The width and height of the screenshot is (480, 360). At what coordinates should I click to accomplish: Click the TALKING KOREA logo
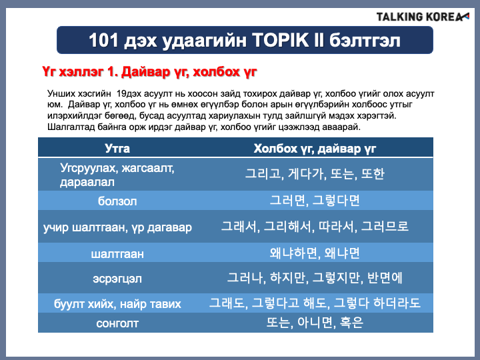click(423, 17)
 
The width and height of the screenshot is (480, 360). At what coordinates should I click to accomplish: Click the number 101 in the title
click(103, 40)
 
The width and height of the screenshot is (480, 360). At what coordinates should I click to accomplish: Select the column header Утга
click(117, 148)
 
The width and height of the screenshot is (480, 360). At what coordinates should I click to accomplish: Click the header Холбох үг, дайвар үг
click(315, 149)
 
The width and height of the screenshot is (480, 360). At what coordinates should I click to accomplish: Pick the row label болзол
click(117, 201)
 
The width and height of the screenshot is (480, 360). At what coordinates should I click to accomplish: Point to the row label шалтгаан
click(117, 254)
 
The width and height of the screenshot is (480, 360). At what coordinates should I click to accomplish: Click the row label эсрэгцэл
click(117, 279)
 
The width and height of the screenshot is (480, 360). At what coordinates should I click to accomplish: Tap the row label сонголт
click(117, 323)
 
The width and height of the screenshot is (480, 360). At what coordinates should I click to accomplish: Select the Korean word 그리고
click(264, 174)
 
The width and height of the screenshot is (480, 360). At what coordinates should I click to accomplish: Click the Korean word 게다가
click(306, 174)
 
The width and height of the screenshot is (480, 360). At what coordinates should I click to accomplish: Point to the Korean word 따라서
click(337, 227)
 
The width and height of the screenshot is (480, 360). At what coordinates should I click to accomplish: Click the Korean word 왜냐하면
click(289, 253)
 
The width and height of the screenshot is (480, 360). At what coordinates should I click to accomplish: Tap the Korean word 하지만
click(289, 278)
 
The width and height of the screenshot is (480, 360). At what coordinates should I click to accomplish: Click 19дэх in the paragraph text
click(129, 94)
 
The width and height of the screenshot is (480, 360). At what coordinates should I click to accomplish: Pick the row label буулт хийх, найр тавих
click(117, 304)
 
